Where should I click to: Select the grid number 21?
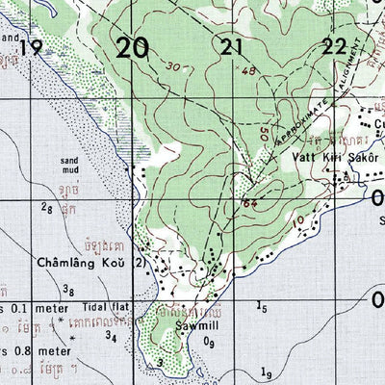click(x=230, y=46)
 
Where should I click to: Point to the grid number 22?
click(x=334, y=46)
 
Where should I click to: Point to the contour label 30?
click(x=172, y=67)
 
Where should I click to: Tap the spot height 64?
click(x=250, y=202)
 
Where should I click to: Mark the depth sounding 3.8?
click(x=68, y=290)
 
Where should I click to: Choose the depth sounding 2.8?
click(x=46, y=208)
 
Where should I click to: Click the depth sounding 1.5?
click(x=262, y=307)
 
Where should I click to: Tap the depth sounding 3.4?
click(x=113, y=336)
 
